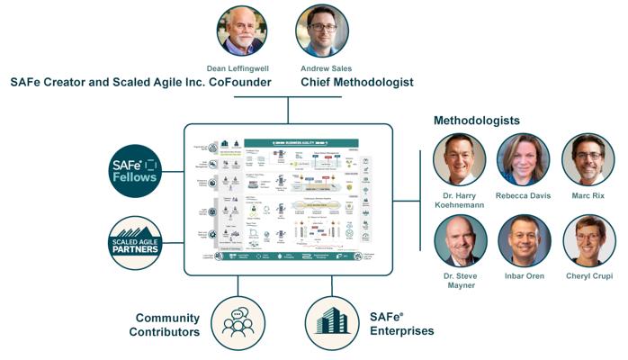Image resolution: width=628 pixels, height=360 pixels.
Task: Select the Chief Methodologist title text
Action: [357, 82]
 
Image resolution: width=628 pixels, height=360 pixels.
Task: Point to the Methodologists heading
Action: [476, 120]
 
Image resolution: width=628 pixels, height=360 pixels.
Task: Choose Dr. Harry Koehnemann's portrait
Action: [460, 159]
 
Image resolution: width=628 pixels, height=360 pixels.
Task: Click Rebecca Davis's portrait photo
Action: [524, 159]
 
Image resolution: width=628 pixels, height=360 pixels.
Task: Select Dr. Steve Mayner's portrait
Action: [460, 240]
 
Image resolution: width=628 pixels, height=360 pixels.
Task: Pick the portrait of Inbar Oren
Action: [524, 240]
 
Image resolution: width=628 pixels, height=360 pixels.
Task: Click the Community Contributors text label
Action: [166, 325]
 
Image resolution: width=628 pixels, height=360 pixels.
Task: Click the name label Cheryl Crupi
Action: [588, 276]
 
